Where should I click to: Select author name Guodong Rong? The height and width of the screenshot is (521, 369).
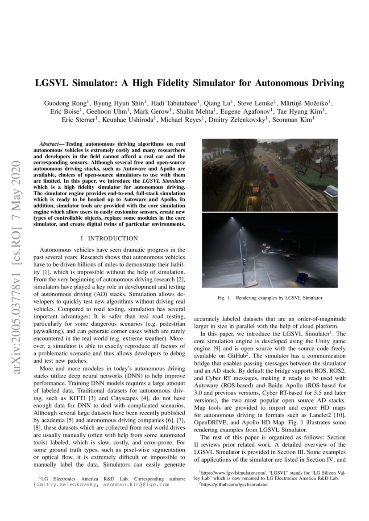[x=62, y=103]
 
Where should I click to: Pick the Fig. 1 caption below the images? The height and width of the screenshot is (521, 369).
[x=269, y=298]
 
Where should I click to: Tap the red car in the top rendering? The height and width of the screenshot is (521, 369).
[x=270, y=175]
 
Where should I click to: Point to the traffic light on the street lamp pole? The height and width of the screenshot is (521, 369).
[x=244, y=262]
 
